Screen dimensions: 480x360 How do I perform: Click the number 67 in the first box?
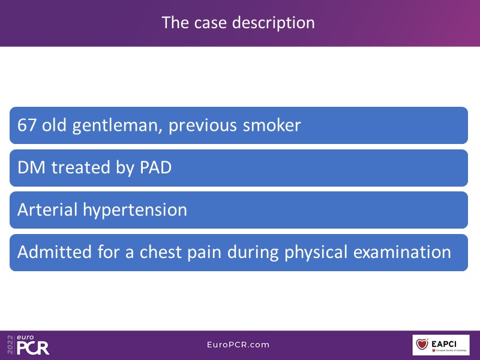coord(27,125)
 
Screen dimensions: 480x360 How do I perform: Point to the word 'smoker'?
coord(272,125)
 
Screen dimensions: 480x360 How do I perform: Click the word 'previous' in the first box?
coord(203,126)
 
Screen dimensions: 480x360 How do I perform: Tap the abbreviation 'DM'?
coord(31,168)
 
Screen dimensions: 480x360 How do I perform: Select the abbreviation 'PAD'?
coord(155,168)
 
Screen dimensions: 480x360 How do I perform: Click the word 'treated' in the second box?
coord(80,167)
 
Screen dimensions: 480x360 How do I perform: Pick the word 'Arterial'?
coord(47,209)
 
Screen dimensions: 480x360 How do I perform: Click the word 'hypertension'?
coord(135,211)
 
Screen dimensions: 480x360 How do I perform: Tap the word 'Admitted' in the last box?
coord(55,252)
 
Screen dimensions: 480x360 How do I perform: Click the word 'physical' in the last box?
coord(316,253)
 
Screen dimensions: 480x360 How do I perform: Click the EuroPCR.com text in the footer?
coord(238,344)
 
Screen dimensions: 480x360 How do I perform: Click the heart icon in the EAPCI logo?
coord(422,344)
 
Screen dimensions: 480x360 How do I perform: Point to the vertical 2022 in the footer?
coord(10,345)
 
